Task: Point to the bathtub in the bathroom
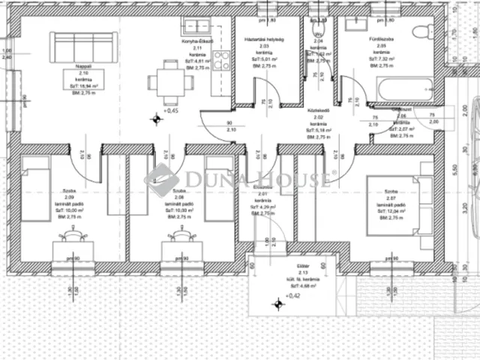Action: click(x=405, y=88)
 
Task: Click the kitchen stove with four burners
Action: click(x=220, y=61)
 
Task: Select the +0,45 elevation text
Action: click(x=172, y=110)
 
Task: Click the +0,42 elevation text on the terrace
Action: click(x=293, y=296)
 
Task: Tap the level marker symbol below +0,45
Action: click(x=157, y=118)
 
